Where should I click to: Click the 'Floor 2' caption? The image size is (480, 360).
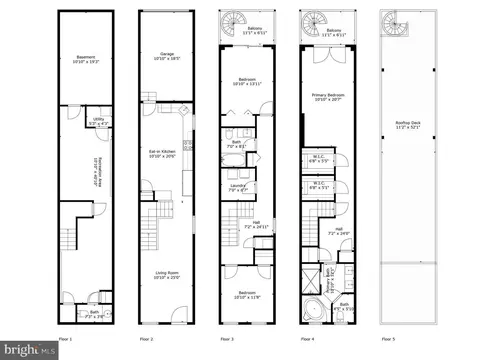click(145, 339)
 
